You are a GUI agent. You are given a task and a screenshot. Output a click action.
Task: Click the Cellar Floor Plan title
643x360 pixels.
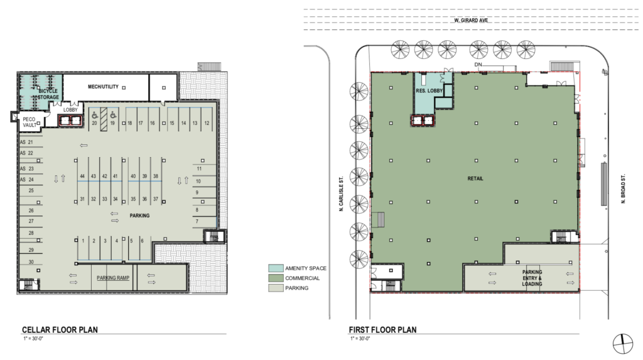pyautogui.click(x=60, y=330)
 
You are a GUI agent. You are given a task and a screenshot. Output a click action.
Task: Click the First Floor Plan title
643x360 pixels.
pyautogui.click(x=382, y=330)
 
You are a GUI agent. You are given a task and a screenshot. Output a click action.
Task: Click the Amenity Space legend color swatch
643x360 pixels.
pyautogui.click(x=276, y=268)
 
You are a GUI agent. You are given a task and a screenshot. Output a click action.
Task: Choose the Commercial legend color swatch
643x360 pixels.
pyautogui.click(x=276, y=278)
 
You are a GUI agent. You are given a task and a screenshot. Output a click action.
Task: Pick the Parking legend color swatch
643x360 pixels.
pyautogui.click(x=276, y=288)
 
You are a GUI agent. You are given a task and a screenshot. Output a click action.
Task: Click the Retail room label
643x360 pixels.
pyautogui.click(x=475, y=178)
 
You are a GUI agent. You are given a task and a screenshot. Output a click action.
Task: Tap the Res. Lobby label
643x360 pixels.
pyautogui.click(x=430, y=91)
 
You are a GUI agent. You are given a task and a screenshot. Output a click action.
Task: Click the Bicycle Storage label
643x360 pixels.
pyautogui.click(x=47, y=94)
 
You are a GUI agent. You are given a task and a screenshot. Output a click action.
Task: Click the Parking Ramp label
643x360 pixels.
pyautogui.click(x=113, y=277)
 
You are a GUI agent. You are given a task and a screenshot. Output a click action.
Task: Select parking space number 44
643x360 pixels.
pyautogui.click(x=82, y=176)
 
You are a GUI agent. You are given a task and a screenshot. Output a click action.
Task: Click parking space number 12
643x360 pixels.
pyautogui.click(x=206, y=123)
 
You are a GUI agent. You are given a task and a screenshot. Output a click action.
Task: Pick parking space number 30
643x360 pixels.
pyautogui.click(x=30, y=262)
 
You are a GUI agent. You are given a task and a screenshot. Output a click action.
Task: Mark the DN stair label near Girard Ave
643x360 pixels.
pyautogui.click(x=478, y=65)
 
